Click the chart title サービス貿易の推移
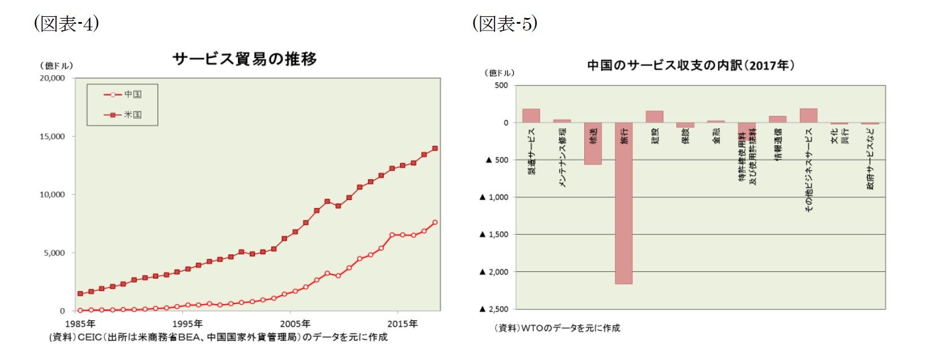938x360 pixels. tap(244, 59)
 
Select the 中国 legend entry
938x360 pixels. tap(123, 94)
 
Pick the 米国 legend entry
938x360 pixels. tap(123, 115)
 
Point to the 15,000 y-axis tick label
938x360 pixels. tap(52, 136)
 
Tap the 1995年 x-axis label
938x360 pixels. tap(187, 324)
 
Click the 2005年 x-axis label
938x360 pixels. tap(295, 324)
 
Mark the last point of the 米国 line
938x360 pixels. tap(435, 149)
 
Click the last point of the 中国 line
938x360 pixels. tap(435, 223)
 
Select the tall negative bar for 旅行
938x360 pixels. tap(623, 203)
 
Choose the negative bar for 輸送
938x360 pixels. tap(593, 144)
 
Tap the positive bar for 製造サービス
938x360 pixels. tap(531, 116)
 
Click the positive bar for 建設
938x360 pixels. tap(654, 117)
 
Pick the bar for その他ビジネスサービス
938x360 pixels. tap(808, 116)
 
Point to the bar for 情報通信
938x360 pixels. tap(778, 119)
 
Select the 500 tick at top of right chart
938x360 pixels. tap(501, 85)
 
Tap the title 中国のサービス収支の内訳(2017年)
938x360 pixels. tap(691, 66)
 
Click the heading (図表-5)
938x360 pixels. tap(505, 24)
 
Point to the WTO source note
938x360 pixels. tap(557, 328)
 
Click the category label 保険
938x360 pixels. tap(685, 136)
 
